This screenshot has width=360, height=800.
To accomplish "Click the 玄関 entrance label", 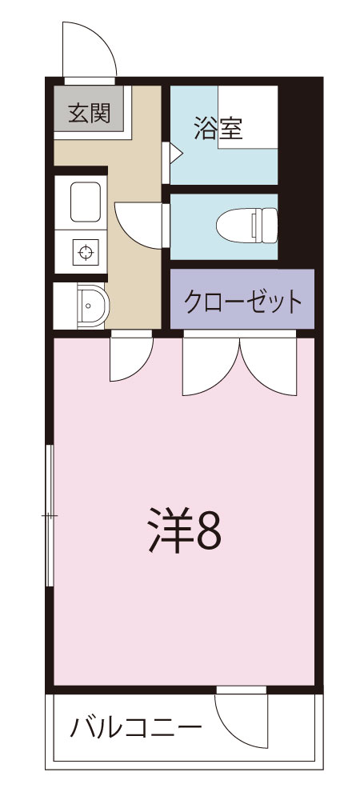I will [x=89, y=114].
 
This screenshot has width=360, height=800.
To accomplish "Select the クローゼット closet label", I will [x=243, y=302].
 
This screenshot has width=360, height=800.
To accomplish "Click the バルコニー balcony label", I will [x=135, y=729].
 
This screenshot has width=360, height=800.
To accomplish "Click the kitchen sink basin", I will [x=86, y=202].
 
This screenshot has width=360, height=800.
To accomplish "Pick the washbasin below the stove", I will [x=89, y=304].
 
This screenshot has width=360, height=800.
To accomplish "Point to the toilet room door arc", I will [x=141, y=224].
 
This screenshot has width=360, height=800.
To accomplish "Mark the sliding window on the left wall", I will [x=50, y=517].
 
